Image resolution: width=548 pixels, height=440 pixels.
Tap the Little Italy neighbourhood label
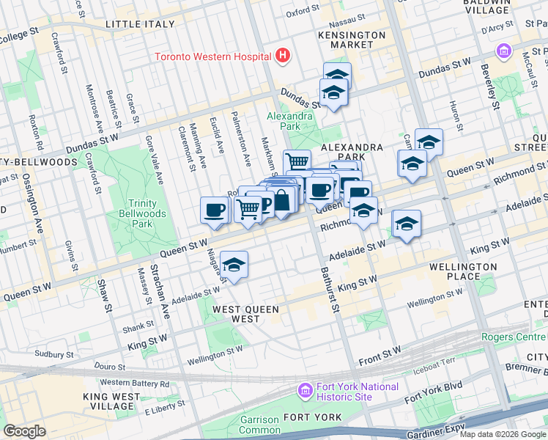pos(140,24)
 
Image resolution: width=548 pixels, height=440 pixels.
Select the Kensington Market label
pos(352,40)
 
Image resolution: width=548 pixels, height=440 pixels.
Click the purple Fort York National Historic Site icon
pos(305,392)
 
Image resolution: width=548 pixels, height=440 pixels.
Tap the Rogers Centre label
pos(514,337)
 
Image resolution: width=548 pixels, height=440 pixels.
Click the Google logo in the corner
pos(24,431)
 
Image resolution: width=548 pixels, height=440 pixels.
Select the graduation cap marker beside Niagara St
pos(234,265)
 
